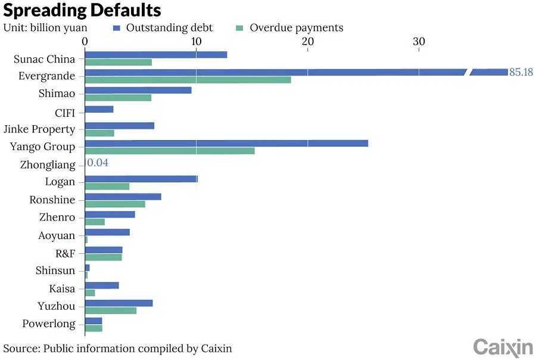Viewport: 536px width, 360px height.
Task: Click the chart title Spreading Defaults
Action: [82, 10]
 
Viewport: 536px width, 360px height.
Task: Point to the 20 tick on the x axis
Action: [307, 41]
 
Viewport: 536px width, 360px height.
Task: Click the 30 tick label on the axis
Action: [419, 41]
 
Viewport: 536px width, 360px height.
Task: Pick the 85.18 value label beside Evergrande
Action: [521, 72]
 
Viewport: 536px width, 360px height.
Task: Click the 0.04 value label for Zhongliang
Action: [98, 163]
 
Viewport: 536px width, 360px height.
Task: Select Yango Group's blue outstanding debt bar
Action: [226, 143]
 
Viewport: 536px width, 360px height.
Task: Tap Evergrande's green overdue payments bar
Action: [188, 80]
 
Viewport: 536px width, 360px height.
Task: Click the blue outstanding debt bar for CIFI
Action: [99, 110]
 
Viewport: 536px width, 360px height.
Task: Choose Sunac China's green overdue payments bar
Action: [118, 63]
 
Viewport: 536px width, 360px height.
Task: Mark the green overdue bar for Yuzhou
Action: [111, 311]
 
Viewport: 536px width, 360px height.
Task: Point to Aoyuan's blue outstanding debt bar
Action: [107, 232]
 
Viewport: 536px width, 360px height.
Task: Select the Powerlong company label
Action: [49, 324]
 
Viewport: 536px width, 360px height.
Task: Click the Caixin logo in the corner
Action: [503, 347]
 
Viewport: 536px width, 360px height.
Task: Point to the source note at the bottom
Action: [117, 348]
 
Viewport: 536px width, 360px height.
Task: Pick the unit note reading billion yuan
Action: [45, 28]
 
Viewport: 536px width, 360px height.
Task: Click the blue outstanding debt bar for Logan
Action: [141, 179]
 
